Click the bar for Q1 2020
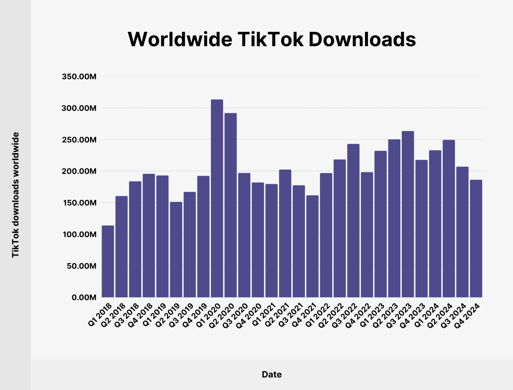[x=217, y=198]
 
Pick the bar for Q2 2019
[x=176, y=249]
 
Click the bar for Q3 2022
[x=353, y=220]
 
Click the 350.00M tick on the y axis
[x=79, y=77]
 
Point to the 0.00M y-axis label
[x=84, y=298]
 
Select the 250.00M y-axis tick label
[x=79, y=140]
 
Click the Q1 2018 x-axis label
[x=100, y=315]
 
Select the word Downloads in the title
[x=362, y=39]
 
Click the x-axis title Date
[x=272, y=374]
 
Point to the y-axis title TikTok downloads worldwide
[x=16, y=195]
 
